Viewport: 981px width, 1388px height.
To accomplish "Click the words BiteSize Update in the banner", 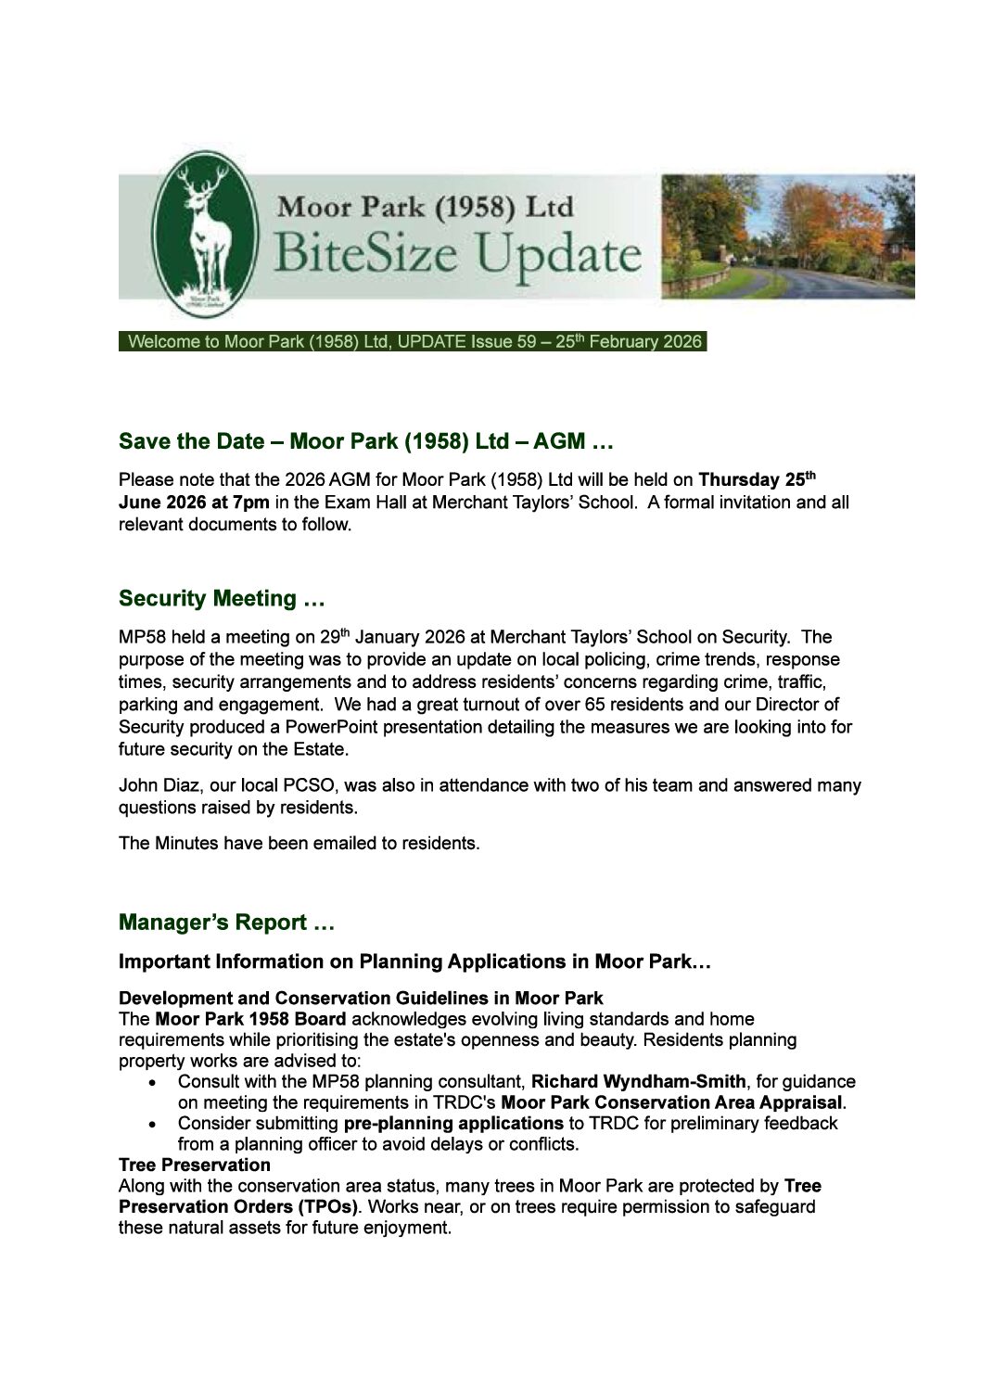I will click(x=456, y=254).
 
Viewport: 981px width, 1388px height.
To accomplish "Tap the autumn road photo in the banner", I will click(x=787, y=236).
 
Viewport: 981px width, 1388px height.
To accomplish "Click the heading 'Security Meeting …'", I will click(x=222, y=599).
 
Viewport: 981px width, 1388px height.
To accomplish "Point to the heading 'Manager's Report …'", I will click(x=226, y=923).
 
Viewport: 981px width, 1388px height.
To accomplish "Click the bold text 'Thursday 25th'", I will click(x=757, y=480).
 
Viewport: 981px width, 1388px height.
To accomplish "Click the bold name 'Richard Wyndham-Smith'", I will click(x=638, y=1082).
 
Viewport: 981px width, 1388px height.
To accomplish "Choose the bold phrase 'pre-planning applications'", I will click(x=453, y=1124).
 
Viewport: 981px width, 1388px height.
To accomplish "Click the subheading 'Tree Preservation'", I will click(x=195, y=1165).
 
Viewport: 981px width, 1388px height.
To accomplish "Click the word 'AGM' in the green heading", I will click(x=560, y=442).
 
